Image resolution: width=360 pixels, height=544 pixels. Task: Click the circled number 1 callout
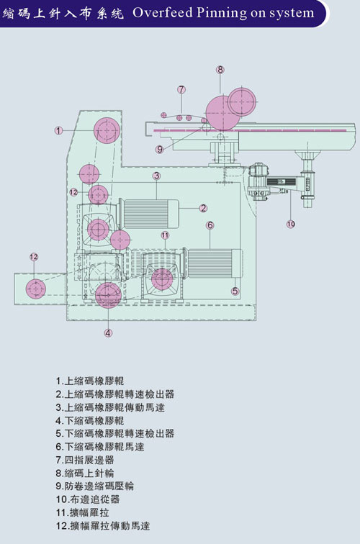59,130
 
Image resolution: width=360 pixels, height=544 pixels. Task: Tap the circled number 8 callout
220,70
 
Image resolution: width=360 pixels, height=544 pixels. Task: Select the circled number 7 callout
181,90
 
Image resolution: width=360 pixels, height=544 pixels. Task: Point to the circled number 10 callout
291,224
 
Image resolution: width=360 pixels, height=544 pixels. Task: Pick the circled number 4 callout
108,332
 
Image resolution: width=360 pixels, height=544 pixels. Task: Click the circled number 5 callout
235,291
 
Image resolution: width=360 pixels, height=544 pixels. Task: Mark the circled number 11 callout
165,235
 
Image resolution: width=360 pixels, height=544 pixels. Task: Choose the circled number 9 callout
160,149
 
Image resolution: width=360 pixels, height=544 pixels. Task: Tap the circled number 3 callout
156,176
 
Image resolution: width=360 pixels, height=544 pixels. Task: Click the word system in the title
292,12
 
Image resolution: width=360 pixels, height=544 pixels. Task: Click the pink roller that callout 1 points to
107,130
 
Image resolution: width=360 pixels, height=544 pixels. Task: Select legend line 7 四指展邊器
85,460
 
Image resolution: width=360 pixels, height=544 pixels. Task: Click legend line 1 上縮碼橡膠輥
90,381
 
